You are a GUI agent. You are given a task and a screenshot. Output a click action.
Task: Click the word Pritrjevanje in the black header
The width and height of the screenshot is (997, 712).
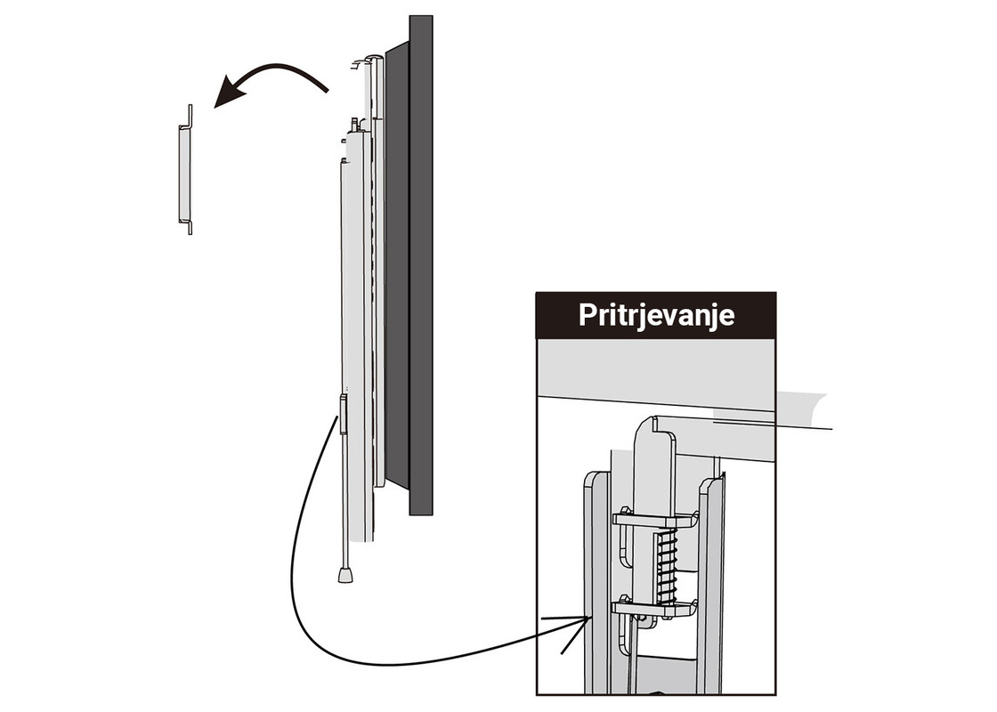(x=656, y=315)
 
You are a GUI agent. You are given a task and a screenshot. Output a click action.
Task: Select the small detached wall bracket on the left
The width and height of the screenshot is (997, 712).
(x=184, y=171)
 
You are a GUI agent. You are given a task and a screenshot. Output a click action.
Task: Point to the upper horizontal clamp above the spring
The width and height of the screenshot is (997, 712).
(x=654, y=520)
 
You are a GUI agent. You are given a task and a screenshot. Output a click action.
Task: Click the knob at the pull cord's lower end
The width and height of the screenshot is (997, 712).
(x=345, y=575)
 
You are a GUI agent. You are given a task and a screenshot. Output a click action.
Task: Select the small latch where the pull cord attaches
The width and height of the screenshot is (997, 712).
(x=343, y=415)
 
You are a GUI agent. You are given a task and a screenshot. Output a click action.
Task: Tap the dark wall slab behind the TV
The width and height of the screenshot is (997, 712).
(x=420, y=267)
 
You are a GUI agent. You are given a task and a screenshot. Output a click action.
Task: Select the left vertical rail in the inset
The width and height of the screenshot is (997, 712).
(x=596, y=578)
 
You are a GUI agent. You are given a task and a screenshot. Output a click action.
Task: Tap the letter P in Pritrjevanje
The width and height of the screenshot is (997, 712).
(x=587, y=315)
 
